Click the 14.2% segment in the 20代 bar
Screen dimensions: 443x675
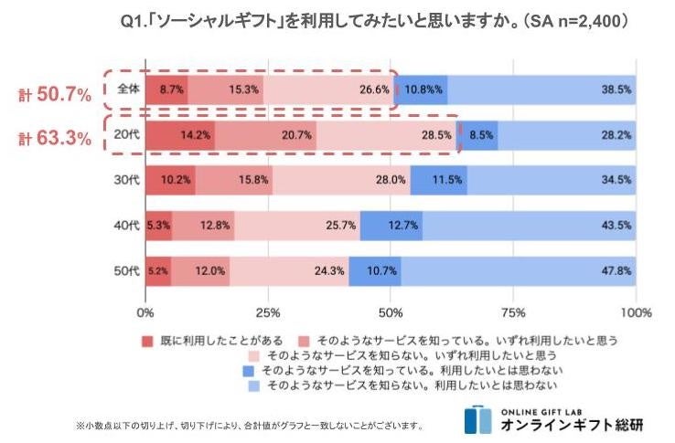click(x=179, y=135)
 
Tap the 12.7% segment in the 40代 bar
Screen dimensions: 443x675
click(x=391, y=226)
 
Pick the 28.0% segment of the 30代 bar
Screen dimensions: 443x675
click(x=340, y=180)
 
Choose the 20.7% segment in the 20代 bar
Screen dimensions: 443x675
click(x=265, y=135)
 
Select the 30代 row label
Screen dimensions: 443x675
click(x=127, y=180)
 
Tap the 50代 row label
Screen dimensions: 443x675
click(x=127, y=270)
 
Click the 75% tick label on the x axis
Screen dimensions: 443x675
click(x=514, y=312)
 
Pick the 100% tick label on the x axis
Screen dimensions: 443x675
click(x=637, y=312)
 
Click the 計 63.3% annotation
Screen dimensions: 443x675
click(x=57, y=139)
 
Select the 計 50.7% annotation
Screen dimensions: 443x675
click(x=57, y=93)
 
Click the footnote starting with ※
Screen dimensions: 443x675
click(x=249, y=425)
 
